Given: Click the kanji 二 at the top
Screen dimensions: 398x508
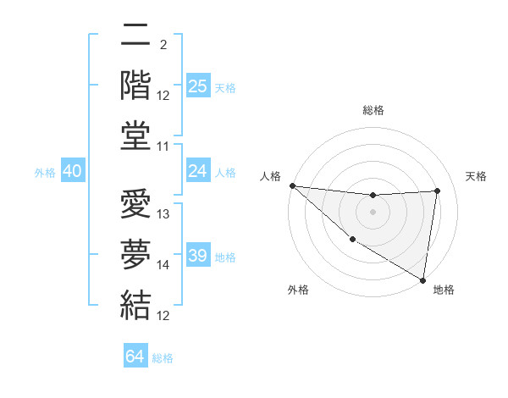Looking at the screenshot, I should click(x=135, y=37).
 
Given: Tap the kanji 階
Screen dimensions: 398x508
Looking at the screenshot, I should click(x=135, y=86).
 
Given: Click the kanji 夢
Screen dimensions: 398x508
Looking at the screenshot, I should click(x=135, y=254).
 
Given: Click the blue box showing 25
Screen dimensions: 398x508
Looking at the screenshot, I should click(x=198, y=86).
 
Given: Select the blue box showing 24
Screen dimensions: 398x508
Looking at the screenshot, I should click(x=198, y=171).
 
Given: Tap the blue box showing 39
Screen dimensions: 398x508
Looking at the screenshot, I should click(x=198, y=256).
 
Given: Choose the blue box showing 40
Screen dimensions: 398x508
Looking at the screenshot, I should click(x=72, y=171).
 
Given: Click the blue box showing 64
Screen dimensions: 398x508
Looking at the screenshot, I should click(x=135, y=357).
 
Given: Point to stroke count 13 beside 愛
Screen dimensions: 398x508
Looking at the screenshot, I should click(x=164, y=214).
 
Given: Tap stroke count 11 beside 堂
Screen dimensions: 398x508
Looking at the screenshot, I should click(x=164, y=146).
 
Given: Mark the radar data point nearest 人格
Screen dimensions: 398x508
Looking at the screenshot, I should click(x=292, y=185).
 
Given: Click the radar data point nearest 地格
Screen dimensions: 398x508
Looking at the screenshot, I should click(x=422, y=279).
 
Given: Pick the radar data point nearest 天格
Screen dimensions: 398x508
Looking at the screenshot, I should click(x=437, y=191).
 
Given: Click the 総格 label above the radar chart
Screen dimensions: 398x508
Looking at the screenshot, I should click(x=373, y=110).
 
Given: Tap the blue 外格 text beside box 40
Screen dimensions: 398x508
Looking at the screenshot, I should click(x=45, y=172).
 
